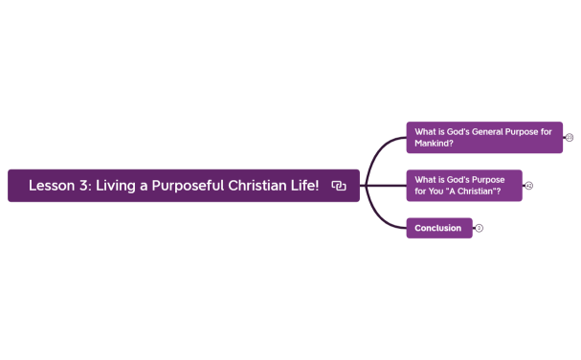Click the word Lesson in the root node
pos(50,186)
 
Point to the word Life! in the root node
pos(303,186)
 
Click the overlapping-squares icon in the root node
pos(339,186)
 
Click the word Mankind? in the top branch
pos(435,144)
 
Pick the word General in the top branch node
pos(492,132)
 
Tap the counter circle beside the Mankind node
pos(569,138)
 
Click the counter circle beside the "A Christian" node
pos(528,186)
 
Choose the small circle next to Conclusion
pos(479,228)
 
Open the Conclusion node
pos(437,228)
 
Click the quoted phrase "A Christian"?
pos(469,191)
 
